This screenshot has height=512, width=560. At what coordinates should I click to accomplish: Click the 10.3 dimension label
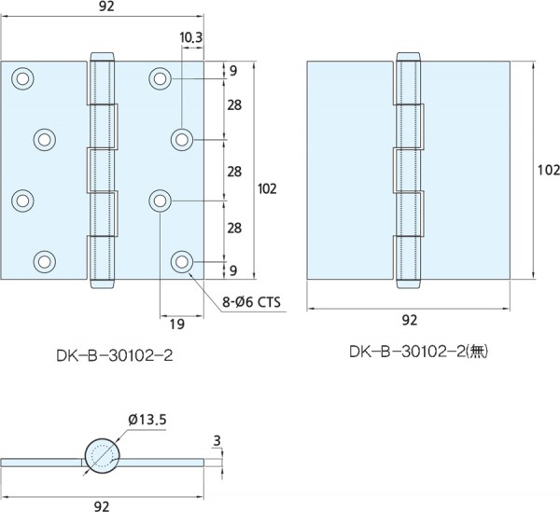coord(190,37)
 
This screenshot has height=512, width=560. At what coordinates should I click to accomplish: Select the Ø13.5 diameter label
coord(147,420)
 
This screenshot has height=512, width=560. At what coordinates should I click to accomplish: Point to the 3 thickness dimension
coord(217,441)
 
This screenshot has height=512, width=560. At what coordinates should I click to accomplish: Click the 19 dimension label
coord(177,325)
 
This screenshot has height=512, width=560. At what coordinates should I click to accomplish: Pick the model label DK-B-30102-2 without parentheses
coord(115,355)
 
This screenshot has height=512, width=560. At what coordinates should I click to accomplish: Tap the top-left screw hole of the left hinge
coord(22,78)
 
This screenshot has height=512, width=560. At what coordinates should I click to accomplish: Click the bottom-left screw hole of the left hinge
coord(44,261)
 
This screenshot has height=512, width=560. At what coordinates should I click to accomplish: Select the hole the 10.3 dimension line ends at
coord(182,140)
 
